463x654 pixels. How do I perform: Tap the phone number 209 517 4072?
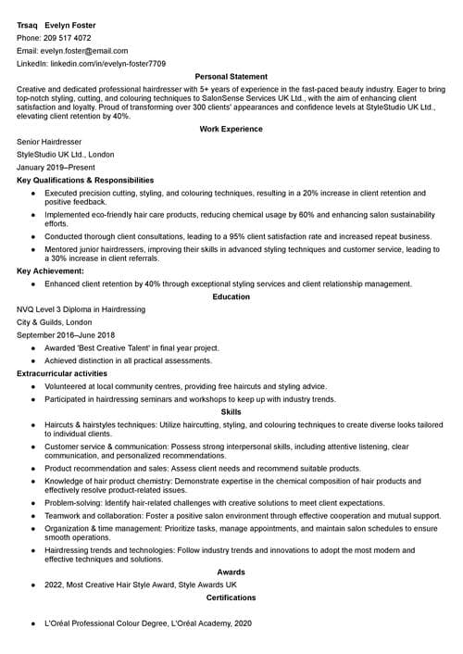[x=67, y=38]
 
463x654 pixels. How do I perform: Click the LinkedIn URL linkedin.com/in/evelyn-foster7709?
[x=107, y=64]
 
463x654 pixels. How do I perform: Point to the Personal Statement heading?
[x=231, y=77]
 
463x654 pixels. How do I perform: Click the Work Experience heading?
[x=231, y=129]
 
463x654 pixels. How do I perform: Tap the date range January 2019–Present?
[x=56, y=168]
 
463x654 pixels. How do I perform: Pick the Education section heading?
[x=231, y=296]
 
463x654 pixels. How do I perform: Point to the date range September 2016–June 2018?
[x=66, y=334]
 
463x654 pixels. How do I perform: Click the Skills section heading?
[x=231, y=411]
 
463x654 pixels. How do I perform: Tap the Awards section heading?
[x=231, y=572]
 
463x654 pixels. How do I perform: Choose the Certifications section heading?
[x=231, y=597]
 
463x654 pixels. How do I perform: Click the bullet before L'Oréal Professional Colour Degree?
[x=33, y=625]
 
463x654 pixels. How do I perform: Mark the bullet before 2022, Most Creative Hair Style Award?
[x=33, y=585]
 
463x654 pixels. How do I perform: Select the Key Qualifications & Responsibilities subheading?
[x=85, y=180]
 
